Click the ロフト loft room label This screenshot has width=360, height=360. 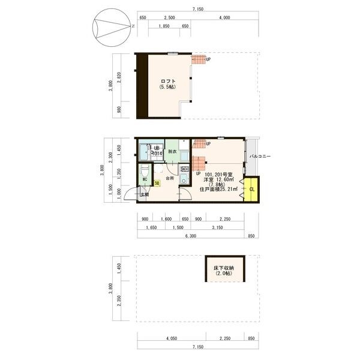[x=167, y=84]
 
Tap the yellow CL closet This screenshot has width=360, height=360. [x=251, y=190]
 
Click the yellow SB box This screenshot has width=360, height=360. [x=157, y=183]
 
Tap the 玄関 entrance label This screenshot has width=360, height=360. [x=145, y=194]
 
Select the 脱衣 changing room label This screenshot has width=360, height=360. [x=172, y=152]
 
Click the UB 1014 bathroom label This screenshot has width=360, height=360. [x=157, y=151]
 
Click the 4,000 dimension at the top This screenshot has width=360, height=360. [x=224, y=18]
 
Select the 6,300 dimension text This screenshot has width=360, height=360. [x=191, y=236]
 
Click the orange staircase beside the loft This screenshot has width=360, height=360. [x=199, y=59]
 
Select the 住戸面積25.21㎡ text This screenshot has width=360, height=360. [x=218, y=189]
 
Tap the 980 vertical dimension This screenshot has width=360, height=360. [x=119, y=110]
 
